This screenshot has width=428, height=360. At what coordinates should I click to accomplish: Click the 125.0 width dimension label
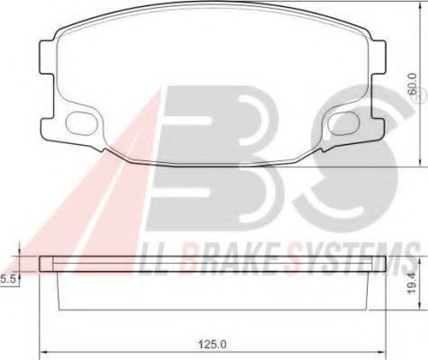coord(212,344)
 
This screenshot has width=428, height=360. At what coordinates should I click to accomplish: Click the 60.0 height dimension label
coord(413,85)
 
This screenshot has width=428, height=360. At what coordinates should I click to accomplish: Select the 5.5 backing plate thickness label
coord(7,280)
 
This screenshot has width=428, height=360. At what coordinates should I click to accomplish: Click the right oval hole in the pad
coord(343,123)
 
